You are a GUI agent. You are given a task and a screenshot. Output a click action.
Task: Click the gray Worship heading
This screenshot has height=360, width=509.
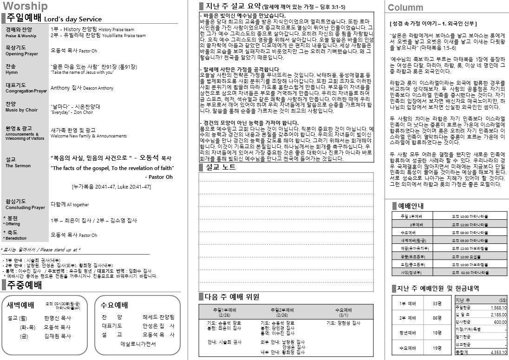click(x=25, y=6)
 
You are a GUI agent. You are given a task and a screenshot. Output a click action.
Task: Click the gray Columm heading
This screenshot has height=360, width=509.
click(x=405, y=7)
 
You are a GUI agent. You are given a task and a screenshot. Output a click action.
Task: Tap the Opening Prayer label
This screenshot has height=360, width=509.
click(x=22, y=54)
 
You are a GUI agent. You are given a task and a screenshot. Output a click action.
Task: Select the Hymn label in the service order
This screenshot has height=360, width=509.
click(x=12, y=72)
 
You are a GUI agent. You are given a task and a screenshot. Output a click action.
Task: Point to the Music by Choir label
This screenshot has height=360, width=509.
click(x=22, y=110)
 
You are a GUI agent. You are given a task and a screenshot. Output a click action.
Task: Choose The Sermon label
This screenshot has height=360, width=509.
click(x=18, y=166)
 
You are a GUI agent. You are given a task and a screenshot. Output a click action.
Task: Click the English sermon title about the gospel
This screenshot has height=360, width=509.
click(x=111, y=168)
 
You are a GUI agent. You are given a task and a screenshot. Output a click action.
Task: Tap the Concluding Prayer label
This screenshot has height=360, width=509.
click(x=25, y=208)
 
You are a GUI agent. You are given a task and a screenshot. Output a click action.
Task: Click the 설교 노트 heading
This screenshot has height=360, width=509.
click(x=220, y=167)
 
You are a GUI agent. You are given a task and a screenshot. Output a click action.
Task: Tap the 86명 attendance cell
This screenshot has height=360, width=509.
click(x=436, y=318)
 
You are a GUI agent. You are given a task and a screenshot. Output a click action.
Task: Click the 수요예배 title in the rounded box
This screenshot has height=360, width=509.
click(x=114, y=305)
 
